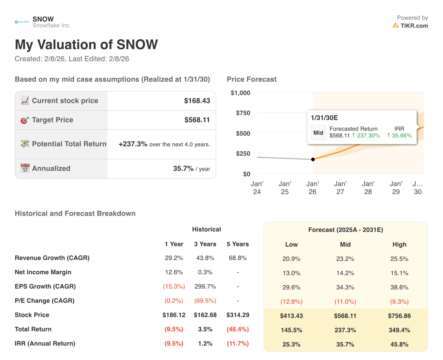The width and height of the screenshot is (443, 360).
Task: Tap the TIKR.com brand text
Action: click(414, 26)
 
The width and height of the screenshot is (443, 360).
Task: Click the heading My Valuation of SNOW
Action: click(86, 45)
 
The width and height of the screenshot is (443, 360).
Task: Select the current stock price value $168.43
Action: click(197, 101)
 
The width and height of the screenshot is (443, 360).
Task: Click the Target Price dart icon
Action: click(25, 120)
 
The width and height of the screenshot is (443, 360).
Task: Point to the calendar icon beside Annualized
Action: click(25, 168)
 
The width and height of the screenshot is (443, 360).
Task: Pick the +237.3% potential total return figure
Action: click(132, 144)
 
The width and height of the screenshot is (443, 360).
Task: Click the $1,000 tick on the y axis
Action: click(240, 93)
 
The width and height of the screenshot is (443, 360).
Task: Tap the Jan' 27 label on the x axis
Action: click(340, 188)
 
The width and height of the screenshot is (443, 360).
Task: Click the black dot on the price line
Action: click(313, 159)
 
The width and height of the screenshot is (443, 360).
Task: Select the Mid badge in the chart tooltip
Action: click(318, 133)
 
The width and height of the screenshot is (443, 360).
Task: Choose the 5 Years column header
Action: click(238, 244)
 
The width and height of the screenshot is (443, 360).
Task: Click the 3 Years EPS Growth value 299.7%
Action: click(205, 286)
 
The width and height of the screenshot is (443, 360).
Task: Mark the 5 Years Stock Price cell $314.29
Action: click(238, 315)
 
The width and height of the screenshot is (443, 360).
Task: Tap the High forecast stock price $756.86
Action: click(399, 316)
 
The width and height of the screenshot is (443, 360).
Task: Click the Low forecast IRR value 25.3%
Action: click(291, 344)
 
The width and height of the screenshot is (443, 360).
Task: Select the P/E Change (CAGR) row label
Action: click(45, 301)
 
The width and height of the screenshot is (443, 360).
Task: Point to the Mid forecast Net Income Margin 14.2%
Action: click(345, 273)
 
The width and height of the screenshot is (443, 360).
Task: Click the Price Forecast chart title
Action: click(251, 79)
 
